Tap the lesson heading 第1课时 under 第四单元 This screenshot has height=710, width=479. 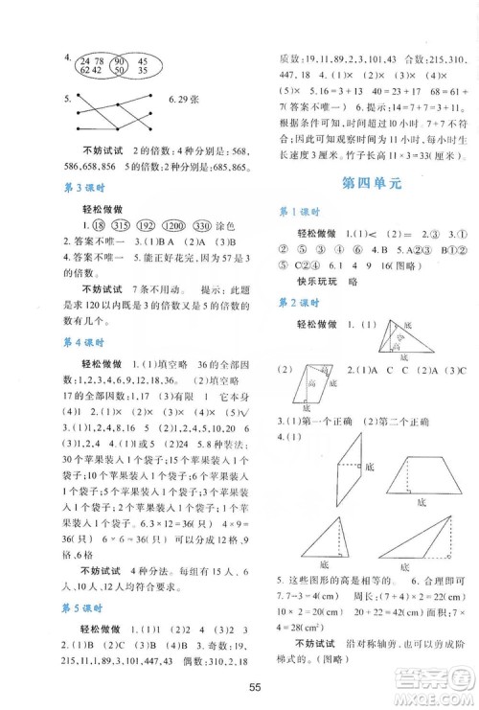[x=302, y=212]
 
